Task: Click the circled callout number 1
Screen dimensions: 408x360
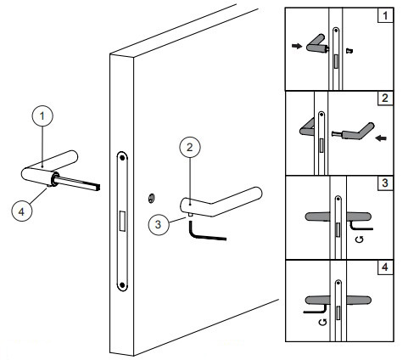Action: tap(42, 116)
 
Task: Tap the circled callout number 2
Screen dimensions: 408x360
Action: tap(190, 147)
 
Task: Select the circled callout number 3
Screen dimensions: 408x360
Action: tap(159, 224)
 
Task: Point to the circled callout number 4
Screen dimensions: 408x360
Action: tap(22, 211)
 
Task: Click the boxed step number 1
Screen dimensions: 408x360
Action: tap(385, 15)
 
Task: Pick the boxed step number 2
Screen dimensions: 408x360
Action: tap(385, 98)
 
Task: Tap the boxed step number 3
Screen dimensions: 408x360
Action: tap(385, 183)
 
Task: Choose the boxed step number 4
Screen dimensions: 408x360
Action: tap(385, 267)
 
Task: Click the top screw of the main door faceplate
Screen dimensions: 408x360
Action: tap(122, 158)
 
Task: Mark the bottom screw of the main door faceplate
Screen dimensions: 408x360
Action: tap(122, 284)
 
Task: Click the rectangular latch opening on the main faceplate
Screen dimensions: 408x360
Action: tap(123, 221)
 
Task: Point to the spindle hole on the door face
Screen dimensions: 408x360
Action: tap(151, 199)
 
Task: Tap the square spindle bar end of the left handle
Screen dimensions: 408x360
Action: tap(98, 187)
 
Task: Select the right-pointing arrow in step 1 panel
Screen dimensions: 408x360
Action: tap(297, 46)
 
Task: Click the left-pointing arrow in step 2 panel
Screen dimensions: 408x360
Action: tap(381, 138)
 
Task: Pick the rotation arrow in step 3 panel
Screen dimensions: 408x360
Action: tap(360, 239)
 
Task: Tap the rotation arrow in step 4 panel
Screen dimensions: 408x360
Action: tap(322, 322)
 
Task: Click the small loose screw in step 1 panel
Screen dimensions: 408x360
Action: tap(350, 51)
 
